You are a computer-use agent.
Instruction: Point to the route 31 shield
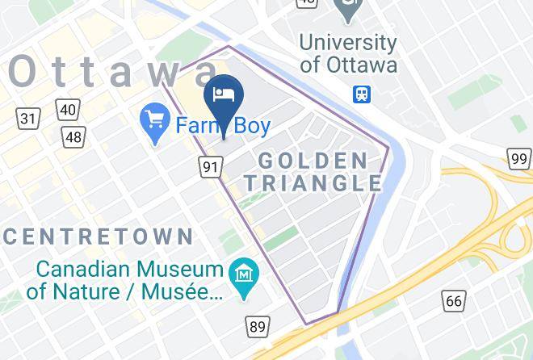coord(28,119)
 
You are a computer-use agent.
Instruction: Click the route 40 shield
coord(67,111)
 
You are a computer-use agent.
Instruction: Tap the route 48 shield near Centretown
coord(73,136)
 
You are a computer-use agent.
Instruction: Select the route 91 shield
coord(211,167)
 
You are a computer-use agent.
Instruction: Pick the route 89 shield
coord(258,326)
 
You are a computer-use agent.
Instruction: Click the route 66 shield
coord(454,302)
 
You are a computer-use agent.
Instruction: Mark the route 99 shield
coord(519,158)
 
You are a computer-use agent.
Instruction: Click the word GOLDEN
coord(313,160)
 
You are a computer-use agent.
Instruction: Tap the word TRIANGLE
coord(313,183)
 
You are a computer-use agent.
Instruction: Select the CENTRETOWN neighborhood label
coord(98,237)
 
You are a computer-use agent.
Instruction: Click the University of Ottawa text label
coord(348,52)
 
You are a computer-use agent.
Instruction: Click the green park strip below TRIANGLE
coord(280,238)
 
